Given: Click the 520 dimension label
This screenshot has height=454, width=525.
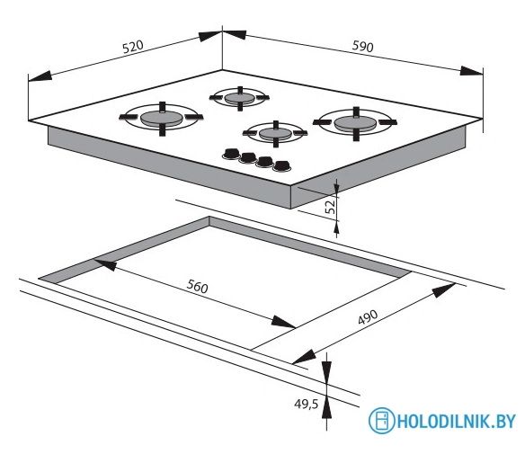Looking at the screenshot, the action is pyautogui.click(x=133, y=47).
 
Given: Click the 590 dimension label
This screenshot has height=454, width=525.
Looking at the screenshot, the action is pyautogui.click(x=362, y=46).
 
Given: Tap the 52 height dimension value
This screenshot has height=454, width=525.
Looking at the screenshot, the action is pyautogui.click(x=330, y=206).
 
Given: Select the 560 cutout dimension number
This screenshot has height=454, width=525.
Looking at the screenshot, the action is pyautogui.click(x=197, y=287).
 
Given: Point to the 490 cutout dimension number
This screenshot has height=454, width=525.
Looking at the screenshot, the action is pyautogui.click(x=368, y=316).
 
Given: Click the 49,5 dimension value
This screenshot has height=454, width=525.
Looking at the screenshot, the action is pyautogui.click(x=306, y=405).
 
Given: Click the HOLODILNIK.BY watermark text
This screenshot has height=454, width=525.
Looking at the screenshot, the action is pyautogui.click(x=457, y=421).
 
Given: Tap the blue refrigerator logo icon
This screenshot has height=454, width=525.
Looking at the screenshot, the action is pyautogui.click(x=381, y=421).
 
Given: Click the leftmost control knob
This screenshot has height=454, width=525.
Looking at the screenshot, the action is pyautogui.click(x=230, y=154).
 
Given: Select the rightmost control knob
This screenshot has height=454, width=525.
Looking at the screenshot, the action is pyautogui.click(x=282, y=165).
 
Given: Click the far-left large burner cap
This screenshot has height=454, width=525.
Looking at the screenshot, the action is pyautogui.click(x=161, y=119).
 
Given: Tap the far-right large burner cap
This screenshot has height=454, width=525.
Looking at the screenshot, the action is pyautogui.click(x=355, y=123).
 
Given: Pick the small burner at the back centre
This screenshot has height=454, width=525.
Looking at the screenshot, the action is pyautogui.click(x=240, y=98).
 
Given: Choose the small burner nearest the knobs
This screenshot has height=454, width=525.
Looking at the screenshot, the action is pyautogui.click(x=275, y=133).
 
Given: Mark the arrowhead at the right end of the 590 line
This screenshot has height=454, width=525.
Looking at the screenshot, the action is pyautogui.click(x=472, y=71).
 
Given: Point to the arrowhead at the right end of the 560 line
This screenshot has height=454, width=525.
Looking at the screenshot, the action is pyautogui.click(x=283, y=322).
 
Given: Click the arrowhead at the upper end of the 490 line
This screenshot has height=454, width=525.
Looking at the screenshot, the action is pyautogui.click(x=443, y=290).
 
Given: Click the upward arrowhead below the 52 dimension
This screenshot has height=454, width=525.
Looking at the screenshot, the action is pyautogui.click(x=336, y=227).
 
